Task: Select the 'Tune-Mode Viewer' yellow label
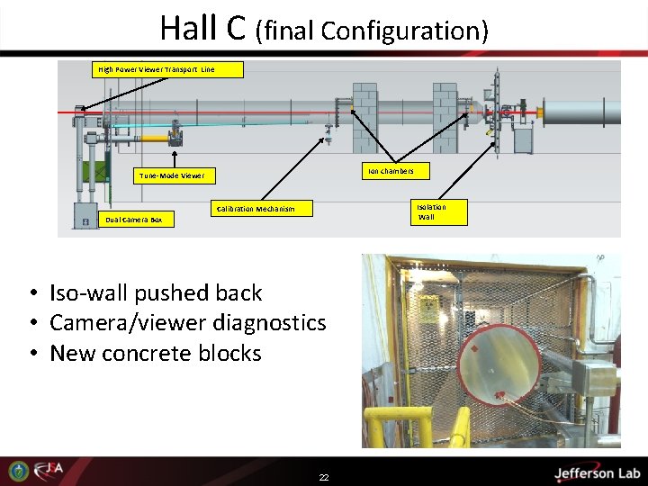point(171,175)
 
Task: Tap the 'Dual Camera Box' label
point(133,219)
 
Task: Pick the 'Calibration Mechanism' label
point(256,209)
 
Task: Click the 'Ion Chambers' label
point(390,170)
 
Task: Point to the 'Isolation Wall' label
point(430,211)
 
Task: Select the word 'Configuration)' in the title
point(404,31)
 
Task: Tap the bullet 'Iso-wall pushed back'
point(156,292)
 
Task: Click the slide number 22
point(324,477)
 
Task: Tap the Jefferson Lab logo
point(597,472)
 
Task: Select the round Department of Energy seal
point(18,471)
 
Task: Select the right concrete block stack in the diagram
point(445,117)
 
